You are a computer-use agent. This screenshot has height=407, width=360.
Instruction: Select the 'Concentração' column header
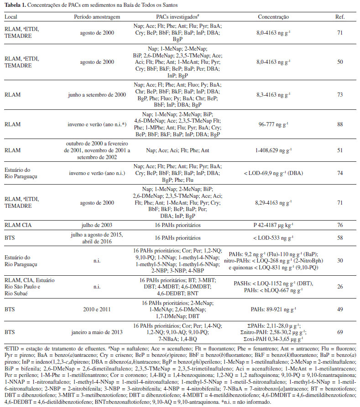click(273, 17)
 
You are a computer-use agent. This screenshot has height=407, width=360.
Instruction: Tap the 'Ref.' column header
click(340, 17)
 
